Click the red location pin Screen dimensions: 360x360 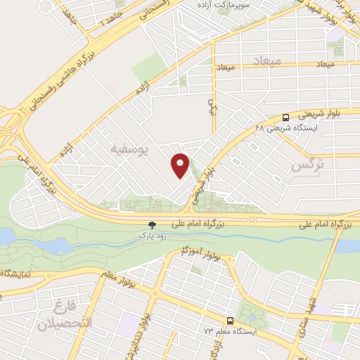click(181, 166)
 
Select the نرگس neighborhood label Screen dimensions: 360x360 click(310, 166)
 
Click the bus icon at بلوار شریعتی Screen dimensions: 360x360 click(286, 117)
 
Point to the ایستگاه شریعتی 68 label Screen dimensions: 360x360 click(288, 128)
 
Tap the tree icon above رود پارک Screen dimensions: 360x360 click(152, 225)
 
